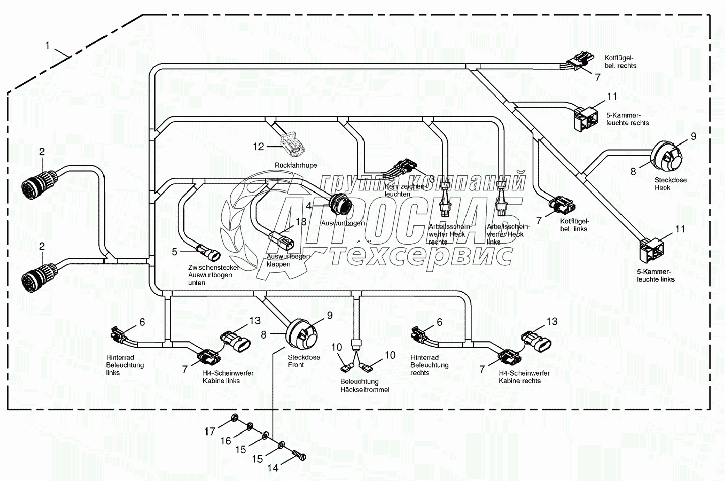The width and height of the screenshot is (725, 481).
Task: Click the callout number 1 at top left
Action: coord(48,45)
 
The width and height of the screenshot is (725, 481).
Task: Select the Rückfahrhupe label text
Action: coord(296,165)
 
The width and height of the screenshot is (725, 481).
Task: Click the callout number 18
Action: coord(301,222)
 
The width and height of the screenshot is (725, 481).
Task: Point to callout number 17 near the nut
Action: coord(210,431)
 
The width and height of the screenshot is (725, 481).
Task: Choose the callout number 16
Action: coord(225,441)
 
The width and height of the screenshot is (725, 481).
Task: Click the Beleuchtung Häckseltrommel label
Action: coord(365,386)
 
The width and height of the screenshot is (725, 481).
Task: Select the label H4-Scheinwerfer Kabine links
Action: coord(228,377)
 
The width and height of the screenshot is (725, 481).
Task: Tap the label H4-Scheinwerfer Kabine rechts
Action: coord(524,377)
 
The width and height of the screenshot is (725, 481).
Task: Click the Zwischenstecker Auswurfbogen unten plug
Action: coord(208,251)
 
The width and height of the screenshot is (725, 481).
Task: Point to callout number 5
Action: coord(175,251)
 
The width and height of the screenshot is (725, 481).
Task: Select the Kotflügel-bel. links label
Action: coord(574,225)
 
